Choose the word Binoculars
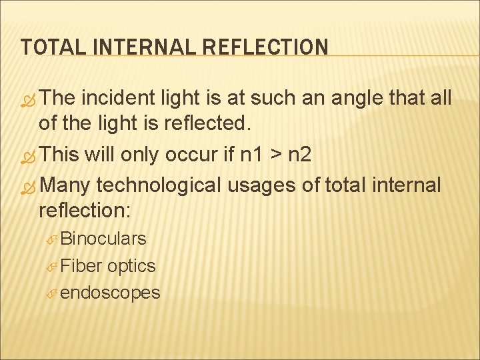103,238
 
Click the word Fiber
81,265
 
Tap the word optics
131,266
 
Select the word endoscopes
110,293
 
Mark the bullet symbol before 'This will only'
29,156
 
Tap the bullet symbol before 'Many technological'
29,185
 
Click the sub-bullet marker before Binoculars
52,239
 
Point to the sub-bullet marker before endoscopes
52,293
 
